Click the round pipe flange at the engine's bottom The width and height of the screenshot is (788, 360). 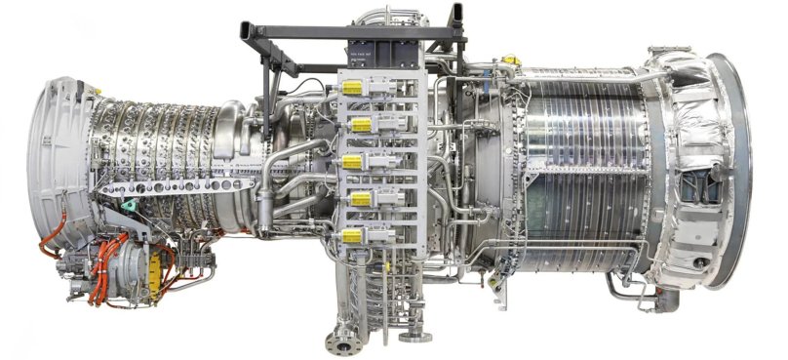342,342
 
